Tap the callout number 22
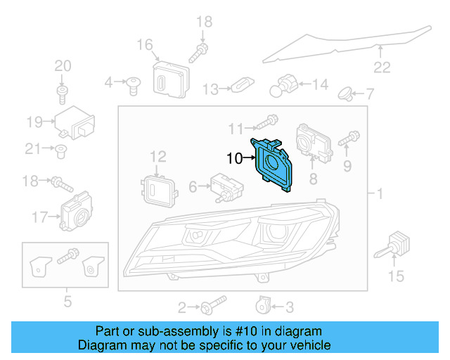(x=381, y=67)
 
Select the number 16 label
(x=144, y=46)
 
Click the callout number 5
(x=67, y=302)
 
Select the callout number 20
(x=63, y=66)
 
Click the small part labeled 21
(x=61, y=148)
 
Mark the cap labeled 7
(x=347, y=92)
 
